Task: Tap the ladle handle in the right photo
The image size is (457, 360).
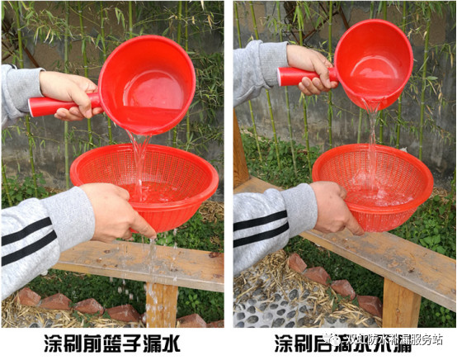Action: [x=292, y=76]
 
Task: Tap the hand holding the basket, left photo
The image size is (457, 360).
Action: [x=115, y=211]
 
